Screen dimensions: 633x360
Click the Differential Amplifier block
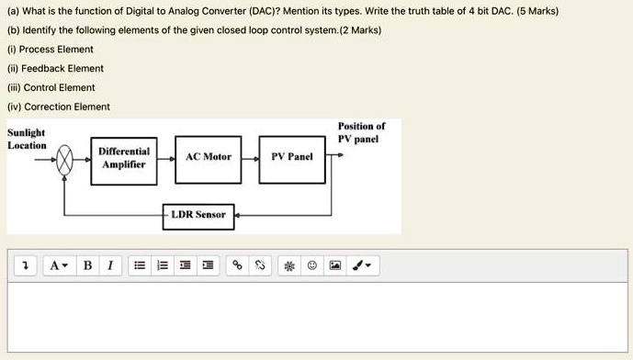click(124, 157)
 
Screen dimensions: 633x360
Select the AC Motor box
click(209, 157)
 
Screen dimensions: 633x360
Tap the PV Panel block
click(292, 157)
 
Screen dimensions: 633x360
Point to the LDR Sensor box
click(198, 215)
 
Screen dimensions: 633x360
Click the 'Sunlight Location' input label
click(28, 140)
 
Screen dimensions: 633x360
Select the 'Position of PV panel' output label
click(361, 132)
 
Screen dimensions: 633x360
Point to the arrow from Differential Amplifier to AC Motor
click(169, 157)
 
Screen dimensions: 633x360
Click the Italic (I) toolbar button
click(109, 265)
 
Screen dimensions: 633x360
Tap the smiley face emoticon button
click(312, 265)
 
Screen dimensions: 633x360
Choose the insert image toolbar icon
click(335, 265)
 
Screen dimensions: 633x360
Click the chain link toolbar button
click(236, 265)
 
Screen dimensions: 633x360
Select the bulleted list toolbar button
click(139, 265)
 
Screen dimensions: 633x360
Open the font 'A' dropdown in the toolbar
click(57, 265)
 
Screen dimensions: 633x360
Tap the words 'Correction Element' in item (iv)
click(67, 107)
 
